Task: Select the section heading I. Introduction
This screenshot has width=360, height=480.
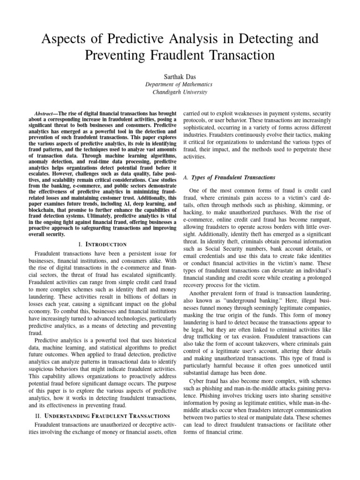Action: (x=102, y=244)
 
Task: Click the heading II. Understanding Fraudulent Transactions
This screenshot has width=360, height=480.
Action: (x=102, y=415)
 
